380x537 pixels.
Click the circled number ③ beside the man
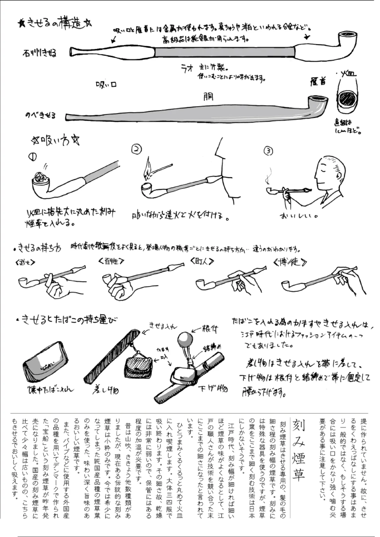pyautogui.click(x=268, y=151)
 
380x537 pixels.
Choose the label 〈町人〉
pyautogui.click(x=203, y=262)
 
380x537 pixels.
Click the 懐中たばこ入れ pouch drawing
pyautogui.click(x=46, y=363)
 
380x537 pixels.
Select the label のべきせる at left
pyautogui.click(x=41, y=116)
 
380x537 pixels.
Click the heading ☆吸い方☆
pyautogui.click(x=56, y=140)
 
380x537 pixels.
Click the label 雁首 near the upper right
pyautogui.click(x=319, y=82)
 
